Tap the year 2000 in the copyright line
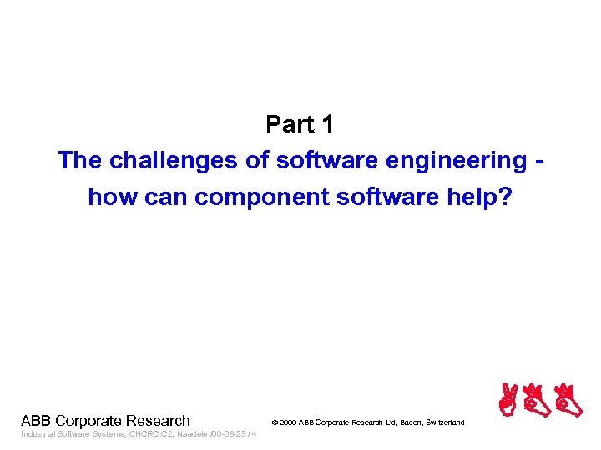289,423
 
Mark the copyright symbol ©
275,423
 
